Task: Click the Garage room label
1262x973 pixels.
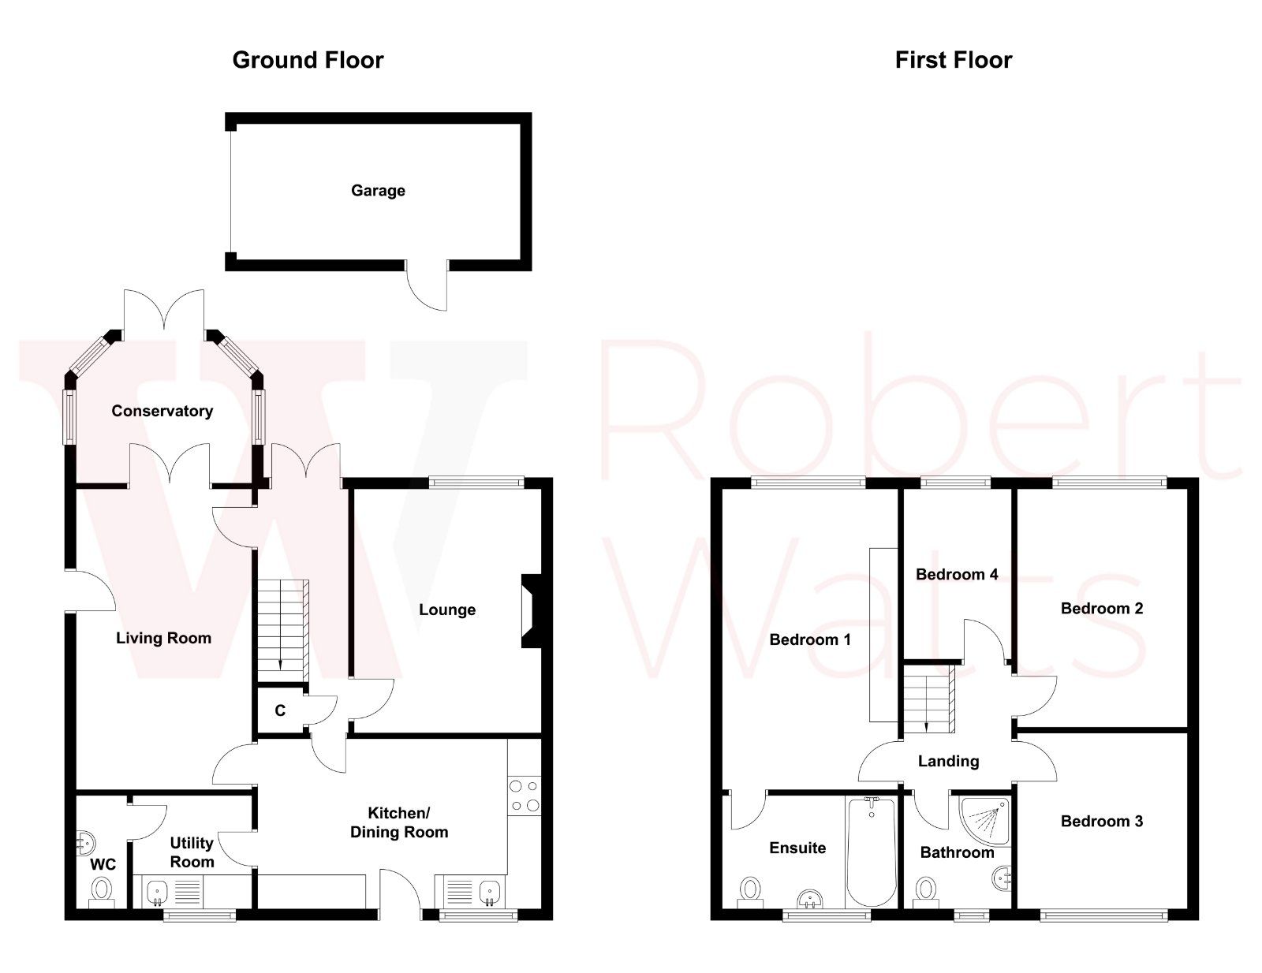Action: coord(378,190)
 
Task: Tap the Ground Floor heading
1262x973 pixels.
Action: coord(308,60)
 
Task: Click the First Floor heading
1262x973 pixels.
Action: coord(953,60)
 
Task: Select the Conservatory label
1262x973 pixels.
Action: coord(162,411)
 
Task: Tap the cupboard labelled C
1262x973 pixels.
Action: coord(280,710)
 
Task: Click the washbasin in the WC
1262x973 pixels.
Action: coord(84,844)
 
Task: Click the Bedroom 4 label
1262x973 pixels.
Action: coord(956,574)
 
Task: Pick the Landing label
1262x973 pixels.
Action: coord(948,761)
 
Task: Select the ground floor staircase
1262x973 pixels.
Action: coord(282,627)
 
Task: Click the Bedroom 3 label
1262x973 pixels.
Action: coord(1101,821)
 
